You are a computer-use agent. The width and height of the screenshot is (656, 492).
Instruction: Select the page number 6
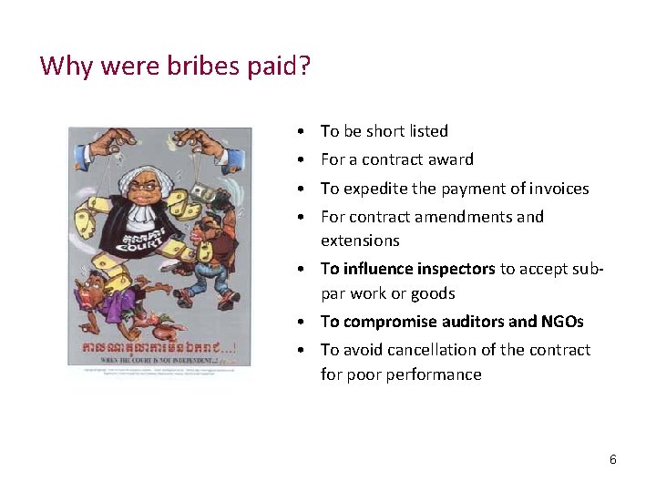coord(613,459)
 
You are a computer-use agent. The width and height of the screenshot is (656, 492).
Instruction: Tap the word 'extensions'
coord(360,241)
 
